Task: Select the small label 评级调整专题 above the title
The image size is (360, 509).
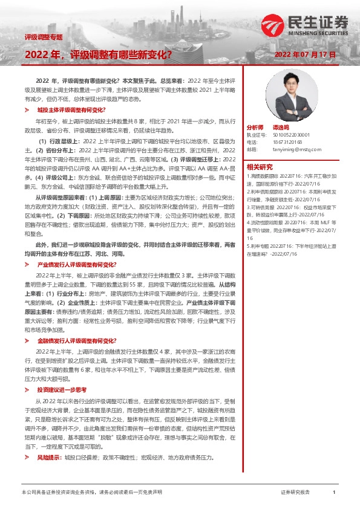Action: (x=44, y=37)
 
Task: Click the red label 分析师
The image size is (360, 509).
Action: (x=255, y=128)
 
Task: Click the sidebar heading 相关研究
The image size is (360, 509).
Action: (x=260, y=167)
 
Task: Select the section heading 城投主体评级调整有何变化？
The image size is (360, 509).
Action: (x=71, y=111)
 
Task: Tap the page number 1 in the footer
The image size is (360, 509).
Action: (x=334, y=493)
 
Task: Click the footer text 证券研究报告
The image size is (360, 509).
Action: (x=295, y=493)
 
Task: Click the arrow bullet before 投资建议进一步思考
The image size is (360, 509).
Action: (x=27, y=390)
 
